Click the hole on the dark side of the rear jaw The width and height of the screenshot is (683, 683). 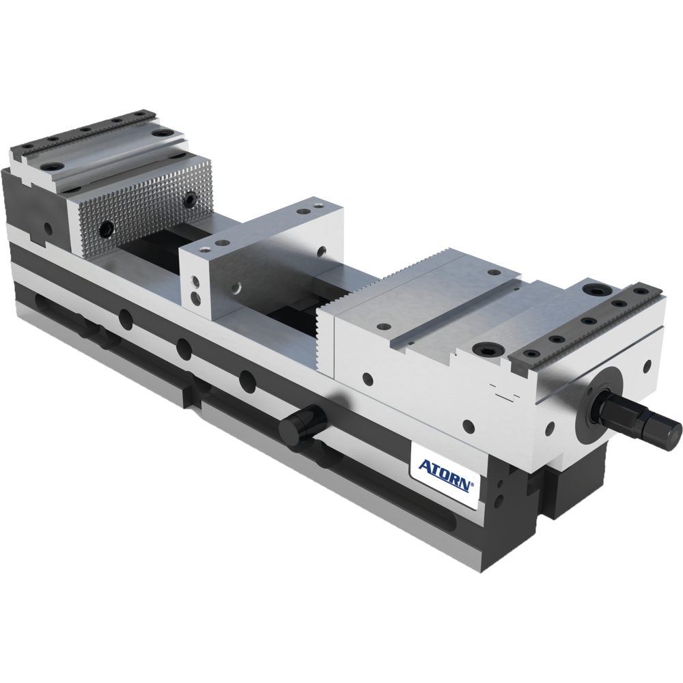coord(46,227)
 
